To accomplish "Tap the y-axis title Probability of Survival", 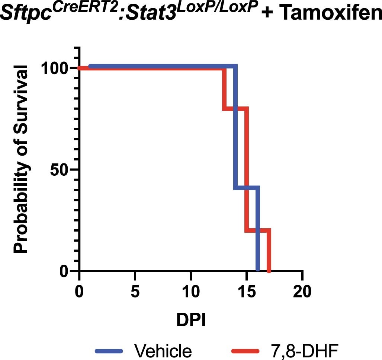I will pyautogui.click(x=22, y=159).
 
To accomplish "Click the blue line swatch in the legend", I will pyautogui.click(x=109, y=350).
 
